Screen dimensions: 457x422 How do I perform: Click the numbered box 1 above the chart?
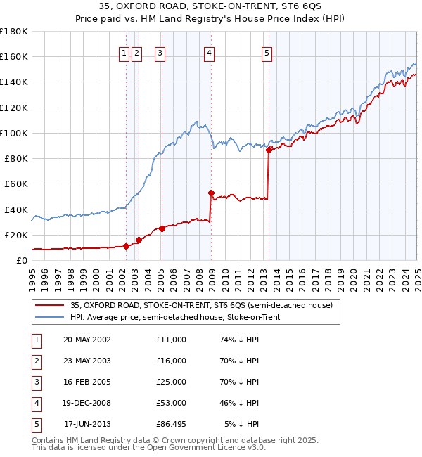point(124,52)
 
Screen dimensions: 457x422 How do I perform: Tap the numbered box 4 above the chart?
point(210,52)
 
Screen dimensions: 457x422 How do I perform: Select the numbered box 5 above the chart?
point(267,52)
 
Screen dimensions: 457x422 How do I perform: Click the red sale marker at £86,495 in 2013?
point(269,149)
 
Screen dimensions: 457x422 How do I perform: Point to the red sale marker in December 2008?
point(211,192)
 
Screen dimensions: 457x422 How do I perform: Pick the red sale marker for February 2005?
point(162,228)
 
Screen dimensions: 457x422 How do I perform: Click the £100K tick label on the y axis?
point(14,133)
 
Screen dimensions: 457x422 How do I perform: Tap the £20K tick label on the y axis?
point(17,235)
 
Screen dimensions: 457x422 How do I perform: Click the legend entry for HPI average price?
point(175,317)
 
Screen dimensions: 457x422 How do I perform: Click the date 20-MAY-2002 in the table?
point(87,340)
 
